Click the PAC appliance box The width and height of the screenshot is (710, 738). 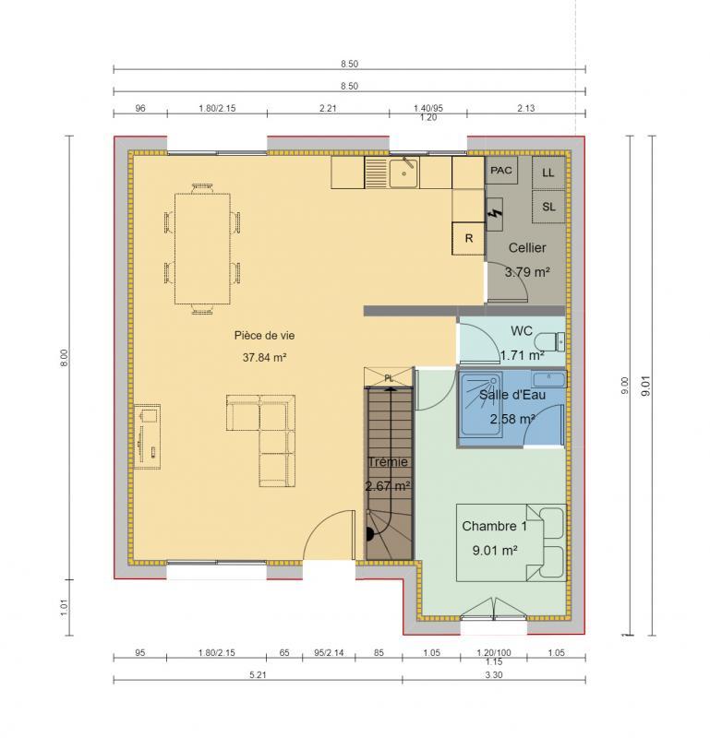(x=501, y=171)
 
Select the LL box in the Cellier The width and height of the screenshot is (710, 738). (x=548, y=173)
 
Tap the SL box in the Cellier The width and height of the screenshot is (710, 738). (x=548, y=207)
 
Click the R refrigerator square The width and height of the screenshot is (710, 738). (x=468, y=238)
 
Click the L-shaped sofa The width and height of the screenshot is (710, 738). (x=264, y=434)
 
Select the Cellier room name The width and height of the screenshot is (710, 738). (x=527, y=247)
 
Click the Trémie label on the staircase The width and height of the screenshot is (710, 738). (x=387, y=461)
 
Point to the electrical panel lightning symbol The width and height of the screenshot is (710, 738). (x=496, y=214)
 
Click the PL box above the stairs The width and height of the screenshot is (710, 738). (x=388, y=377)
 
